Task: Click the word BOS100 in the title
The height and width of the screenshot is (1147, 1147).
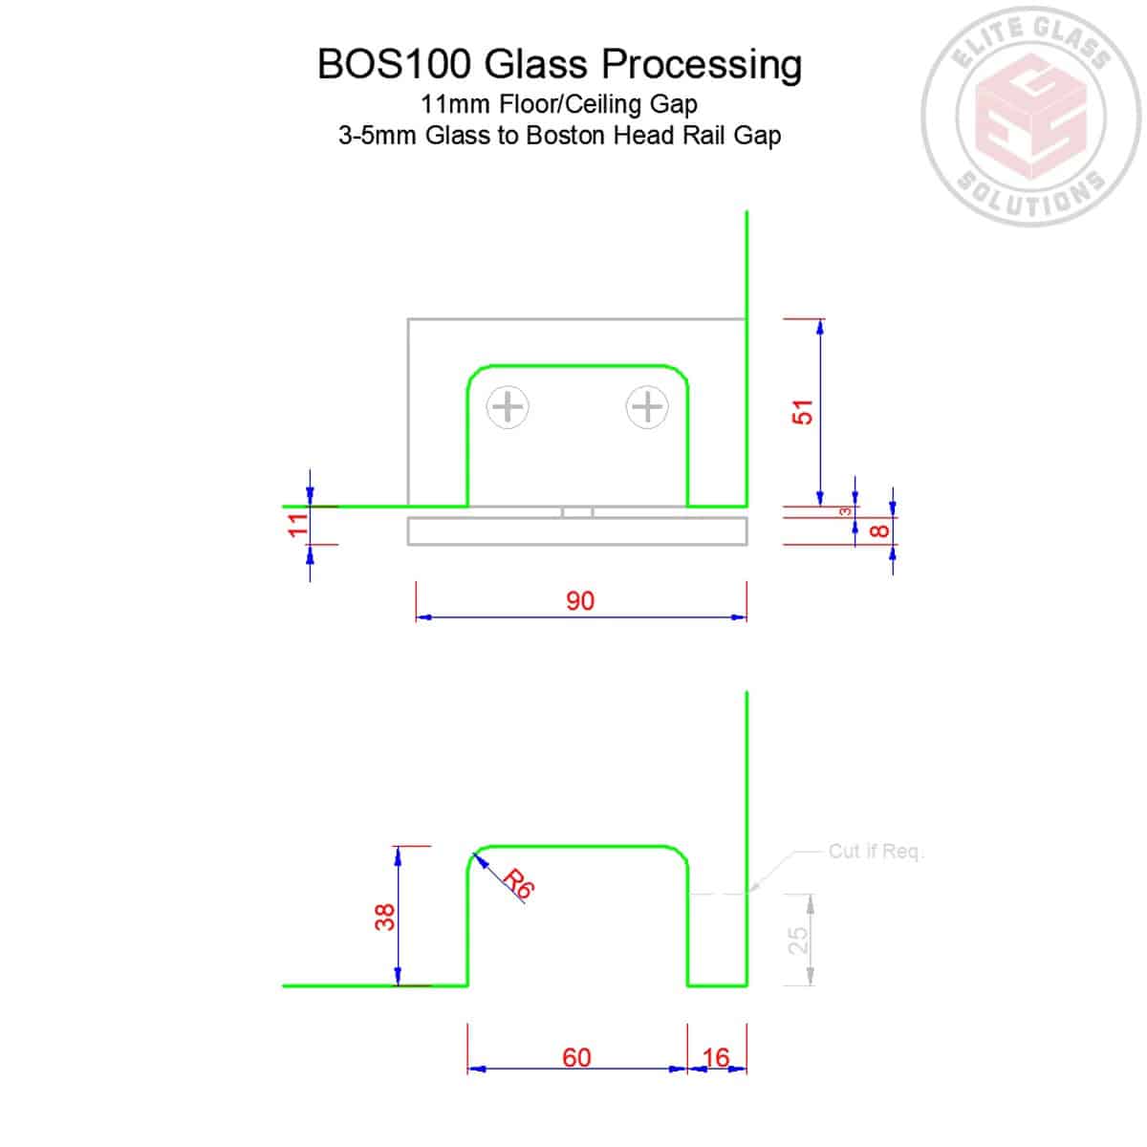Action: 394,64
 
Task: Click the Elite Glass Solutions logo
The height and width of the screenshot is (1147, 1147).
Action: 1031,117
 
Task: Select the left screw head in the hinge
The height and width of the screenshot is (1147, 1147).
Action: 508,407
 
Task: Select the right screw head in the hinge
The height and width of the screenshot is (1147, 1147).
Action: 647,407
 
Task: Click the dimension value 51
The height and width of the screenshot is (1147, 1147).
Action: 802,412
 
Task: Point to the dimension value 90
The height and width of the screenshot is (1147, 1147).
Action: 580,600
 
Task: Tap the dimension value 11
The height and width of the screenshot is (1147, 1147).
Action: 298,525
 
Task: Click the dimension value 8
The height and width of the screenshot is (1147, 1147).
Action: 879,530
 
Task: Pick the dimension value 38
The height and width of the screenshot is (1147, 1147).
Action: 384,918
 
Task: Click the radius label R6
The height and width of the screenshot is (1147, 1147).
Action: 518,883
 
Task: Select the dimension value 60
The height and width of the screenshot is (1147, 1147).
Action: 576,1058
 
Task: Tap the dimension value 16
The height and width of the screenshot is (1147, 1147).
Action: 716,1058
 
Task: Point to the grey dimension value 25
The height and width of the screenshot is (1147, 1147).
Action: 797,941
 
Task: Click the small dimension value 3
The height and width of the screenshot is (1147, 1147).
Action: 845,511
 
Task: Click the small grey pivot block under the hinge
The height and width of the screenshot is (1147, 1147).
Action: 577,512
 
